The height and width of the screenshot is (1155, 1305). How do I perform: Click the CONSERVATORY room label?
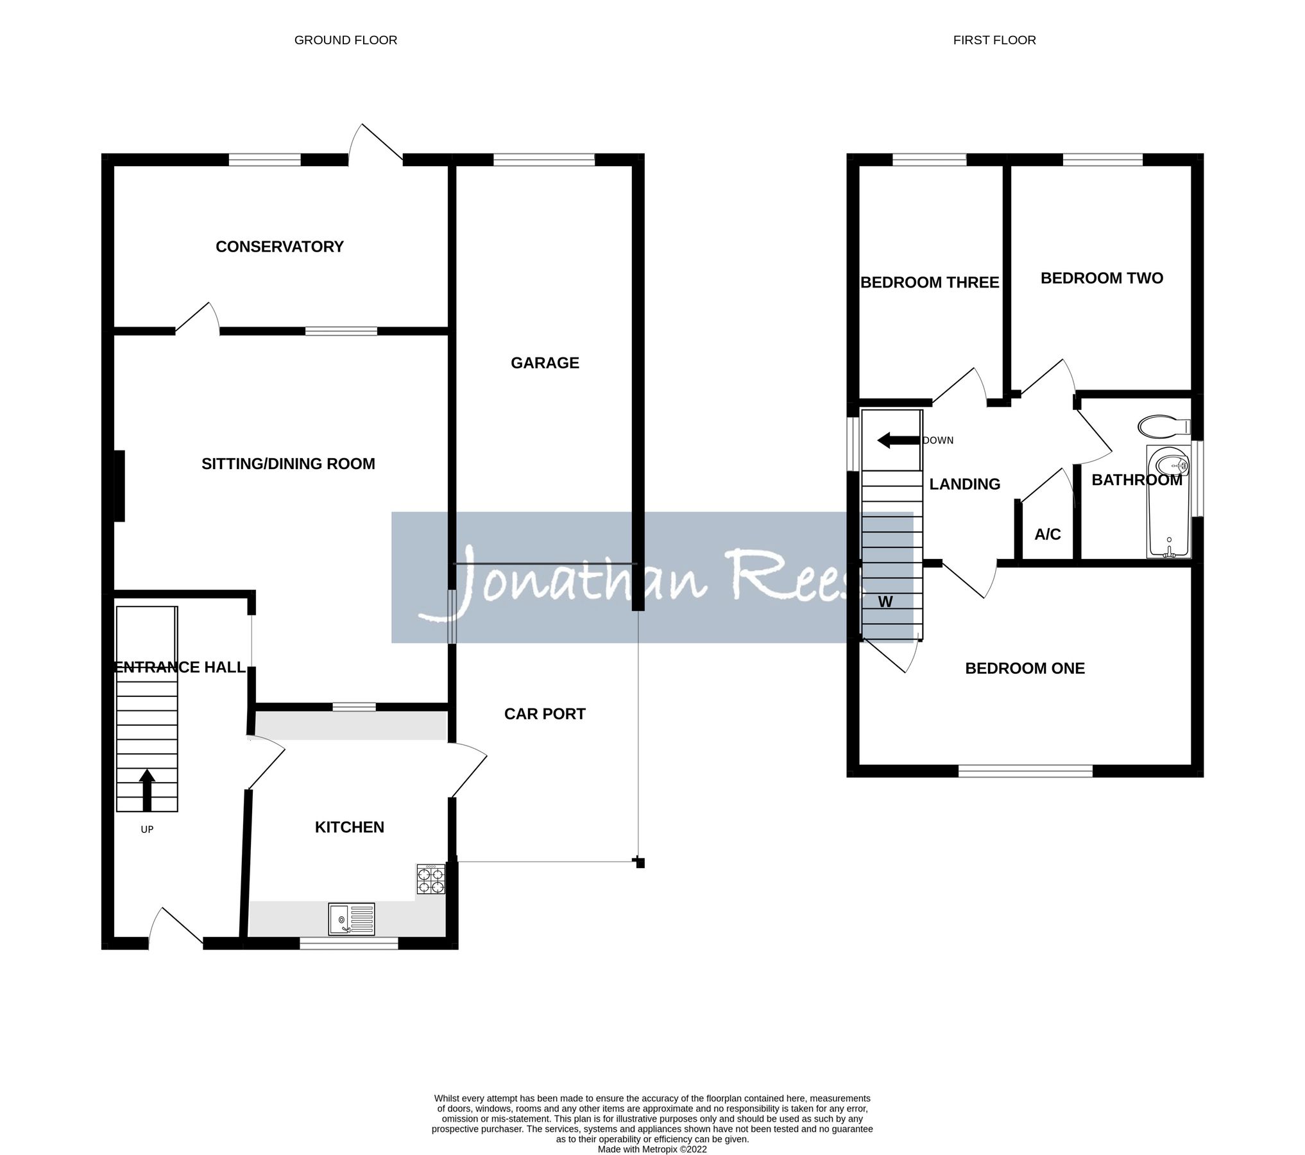tap(279, 246)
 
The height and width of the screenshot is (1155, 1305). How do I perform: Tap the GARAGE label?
tap(544, 363)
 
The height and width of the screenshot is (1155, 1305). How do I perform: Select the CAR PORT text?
tap(544, 714)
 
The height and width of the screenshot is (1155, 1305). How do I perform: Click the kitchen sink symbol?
tap(352, 918)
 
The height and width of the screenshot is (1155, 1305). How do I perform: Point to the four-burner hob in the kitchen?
tap(431, 879)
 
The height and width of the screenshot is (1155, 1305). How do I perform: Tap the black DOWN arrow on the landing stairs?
tap(898, 440)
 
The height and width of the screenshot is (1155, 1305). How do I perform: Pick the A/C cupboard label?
tap(1047, 534)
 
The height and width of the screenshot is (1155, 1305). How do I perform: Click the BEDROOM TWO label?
tap(1101, 278)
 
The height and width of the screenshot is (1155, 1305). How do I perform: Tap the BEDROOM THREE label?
tap(929, 282)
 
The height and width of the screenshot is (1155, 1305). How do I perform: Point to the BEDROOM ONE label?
tap(1025, 668)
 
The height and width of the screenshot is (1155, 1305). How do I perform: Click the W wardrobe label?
tap(885, 601)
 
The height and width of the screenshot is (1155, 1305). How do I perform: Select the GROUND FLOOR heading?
tap(345, 40)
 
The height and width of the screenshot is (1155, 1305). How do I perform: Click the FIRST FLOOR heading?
tap(994, 40)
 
